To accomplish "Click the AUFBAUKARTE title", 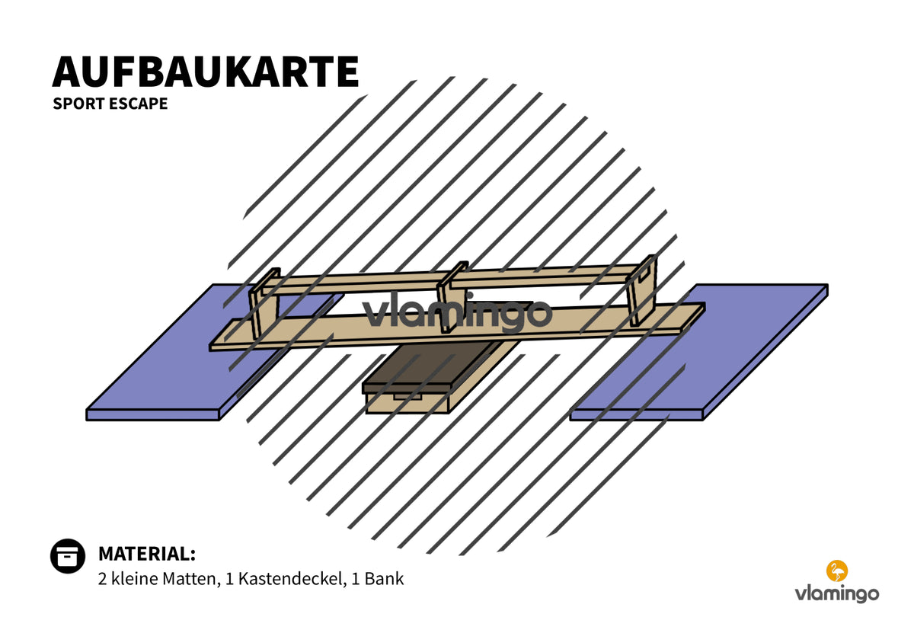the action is (x=205, y=72).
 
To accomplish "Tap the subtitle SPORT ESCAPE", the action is (x=110, y=104).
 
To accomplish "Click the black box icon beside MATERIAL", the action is (x=68, y=556).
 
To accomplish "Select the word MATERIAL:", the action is (x=147, y=554).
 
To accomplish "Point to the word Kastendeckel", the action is (x=292, y=579).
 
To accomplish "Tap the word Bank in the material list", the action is (x=384, y=579).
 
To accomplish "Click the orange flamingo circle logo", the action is (x=837, y=571).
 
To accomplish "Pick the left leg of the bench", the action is (x=264, y=304).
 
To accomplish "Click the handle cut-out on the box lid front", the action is (x=407, y=396).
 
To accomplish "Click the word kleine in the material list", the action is (x=134, y=579).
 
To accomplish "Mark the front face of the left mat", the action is (x=152, y=414).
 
